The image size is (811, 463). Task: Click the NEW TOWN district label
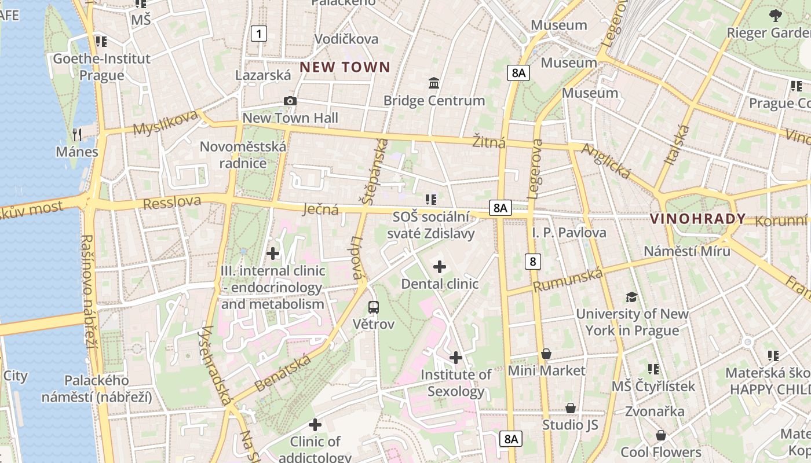coord(345,67)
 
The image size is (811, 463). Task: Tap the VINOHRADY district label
coord(697,219)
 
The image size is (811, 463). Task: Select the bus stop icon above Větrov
coord(374,307)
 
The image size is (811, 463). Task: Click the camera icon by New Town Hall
coord(290,101)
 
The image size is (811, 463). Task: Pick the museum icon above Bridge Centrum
coord(434,83)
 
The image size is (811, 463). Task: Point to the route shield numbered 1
coord(259,34)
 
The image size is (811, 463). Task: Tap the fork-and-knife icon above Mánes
coord(77,134)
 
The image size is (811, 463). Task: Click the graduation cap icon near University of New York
coord(631,297)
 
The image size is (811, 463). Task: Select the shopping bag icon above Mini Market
coord(546,353)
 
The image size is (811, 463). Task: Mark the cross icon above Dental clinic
coord(440,267)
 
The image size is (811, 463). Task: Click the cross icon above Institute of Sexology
coord(456,358)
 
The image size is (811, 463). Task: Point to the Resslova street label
coord(172,203)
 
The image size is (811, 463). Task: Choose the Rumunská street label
coord(568,280)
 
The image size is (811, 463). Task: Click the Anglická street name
coord(605,161)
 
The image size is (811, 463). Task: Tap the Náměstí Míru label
coord(687,251)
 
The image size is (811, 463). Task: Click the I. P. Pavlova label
coord(569,233)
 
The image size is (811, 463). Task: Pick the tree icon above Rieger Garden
coord(776,16)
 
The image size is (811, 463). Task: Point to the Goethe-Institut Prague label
coord(102,67)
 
